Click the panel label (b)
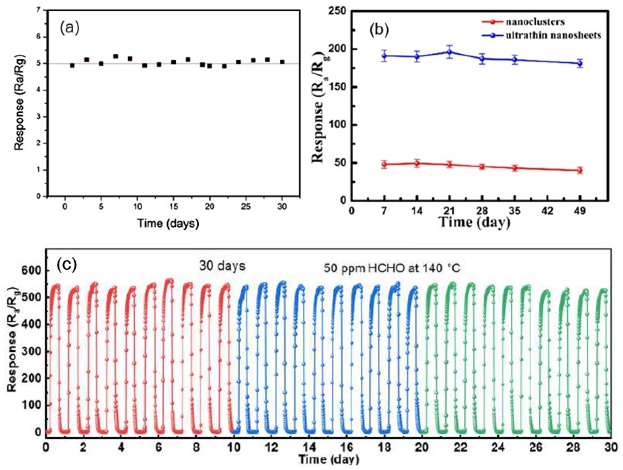[379, 30]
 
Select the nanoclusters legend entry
[535, 22]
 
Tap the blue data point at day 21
[450, 52]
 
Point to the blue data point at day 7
[384, 56]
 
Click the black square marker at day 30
[282, 62]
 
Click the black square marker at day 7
[115, 56]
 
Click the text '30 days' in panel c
[222, 266]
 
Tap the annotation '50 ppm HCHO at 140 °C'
[391, 268]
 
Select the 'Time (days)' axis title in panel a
[168, 223]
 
